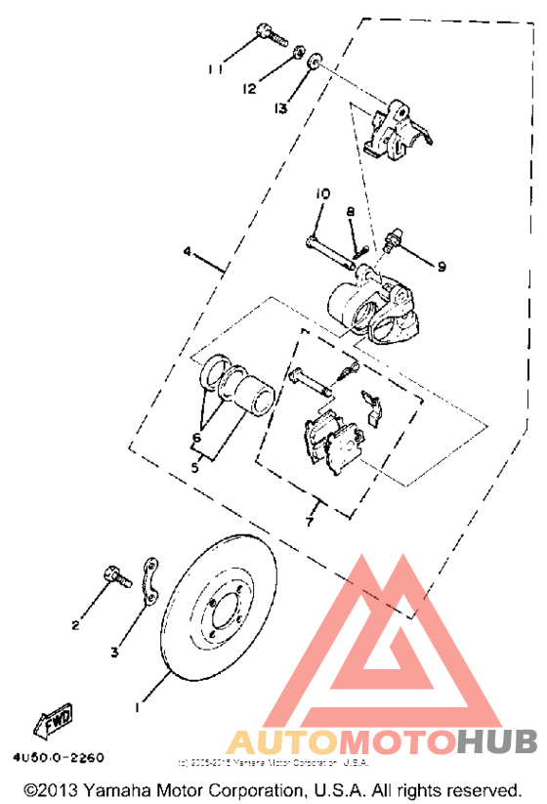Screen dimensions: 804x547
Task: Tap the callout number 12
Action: (250, 88)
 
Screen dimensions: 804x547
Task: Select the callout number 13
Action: (281, 108)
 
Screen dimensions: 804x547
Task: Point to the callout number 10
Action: (322, 195)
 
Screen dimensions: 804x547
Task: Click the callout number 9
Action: (441, 266)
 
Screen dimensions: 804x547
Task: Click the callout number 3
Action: (115, 652)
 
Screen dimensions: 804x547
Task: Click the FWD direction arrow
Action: (55, 720)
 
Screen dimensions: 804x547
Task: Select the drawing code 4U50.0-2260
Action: (60, 758)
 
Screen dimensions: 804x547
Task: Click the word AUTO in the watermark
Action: (276, 745)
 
